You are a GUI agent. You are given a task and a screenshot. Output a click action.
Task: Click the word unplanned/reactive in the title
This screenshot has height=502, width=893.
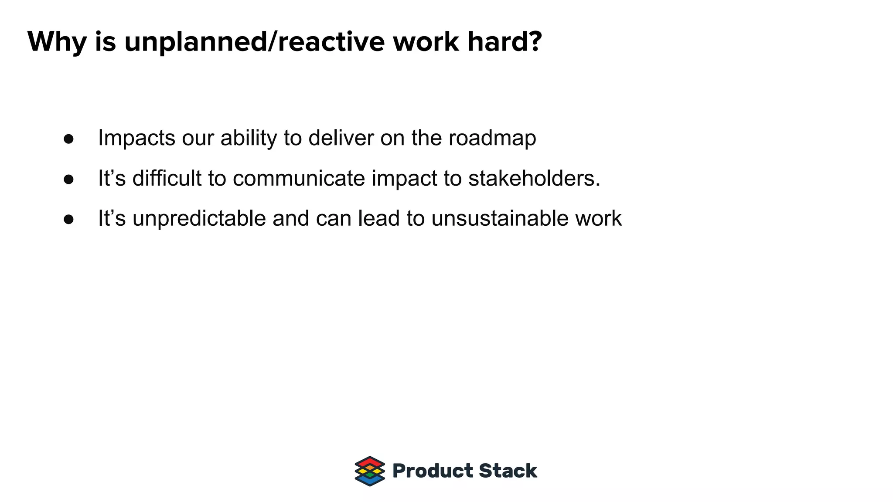coord(254,42)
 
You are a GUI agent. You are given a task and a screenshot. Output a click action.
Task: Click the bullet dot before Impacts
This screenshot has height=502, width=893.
coord(68,139)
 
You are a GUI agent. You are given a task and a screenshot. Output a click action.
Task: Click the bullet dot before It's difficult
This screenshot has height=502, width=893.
coord(68,180)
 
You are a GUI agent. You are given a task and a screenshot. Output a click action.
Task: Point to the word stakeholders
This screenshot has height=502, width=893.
coord(534,179)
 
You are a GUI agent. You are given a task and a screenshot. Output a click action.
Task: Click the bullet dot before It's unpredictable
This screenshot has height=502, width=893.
coord(68,220)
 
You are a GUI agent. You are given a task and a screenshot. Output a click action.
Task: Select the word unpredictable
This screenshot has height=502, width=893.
coord(199,219)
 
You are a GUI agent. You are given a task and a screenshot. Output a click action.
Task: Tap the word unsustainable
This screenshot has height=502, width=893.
coord(500,219)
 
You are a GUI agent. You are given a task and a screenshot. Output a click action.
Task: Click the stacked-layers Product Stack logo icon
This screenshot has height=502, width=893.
coord(370,471)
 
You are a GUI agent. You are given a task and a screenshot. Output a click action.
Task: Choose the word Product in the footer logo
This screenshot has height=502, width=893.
coord(433,471)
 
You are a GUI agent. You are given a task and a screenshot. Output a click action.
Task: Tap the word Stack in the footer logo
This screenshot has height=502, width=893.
coord(508,471)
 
